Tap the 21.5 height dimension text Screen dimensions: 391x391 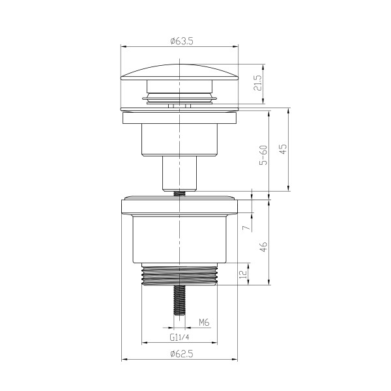pos(258,83)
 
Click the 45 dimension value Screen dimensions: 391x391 pos(283,149)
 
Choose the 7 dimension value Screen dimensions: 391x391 pos(246,228)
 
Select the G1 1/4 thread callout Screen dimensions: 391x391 pos(179,338)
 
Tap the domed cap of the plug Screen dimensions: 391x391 pos(179,71)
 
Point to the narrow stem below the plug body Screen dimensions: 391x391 pos(179,173)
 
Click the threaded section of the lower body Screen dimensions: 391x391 pos(179,275)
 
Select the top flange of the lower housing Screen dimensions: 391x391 pos(179,207)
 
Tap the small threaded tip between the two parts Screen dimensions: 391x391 pos(179,192)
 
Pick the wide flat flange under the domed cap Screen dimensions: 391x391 pos(179,118)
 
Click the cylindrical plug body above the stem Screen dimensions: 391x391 pos(179,140)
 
